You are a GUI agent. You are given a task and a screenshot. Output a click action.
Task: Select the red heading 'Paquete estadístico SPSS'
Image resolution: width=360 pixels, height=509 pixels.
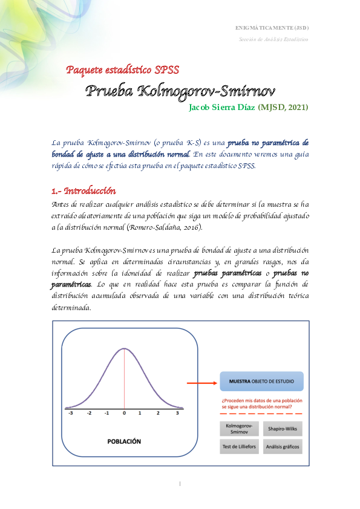point(122,70)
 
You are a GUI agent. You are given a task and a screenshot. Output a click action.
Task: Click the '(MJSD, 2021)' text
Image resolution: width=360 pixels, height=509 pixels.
point(283,108)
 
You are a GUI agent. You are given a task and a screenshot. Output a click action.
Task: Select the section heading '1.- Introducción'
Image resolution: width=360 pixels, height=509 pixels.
point(83,191)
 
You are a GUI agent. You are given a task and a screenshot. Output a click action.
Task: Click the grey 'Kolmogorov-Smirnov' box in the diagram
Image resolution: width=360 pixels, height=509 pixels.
point(237,429)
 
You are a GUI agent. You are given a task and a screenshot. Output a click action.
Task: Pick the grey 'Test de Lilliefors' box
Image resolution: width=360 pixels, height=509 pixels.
point(237,447)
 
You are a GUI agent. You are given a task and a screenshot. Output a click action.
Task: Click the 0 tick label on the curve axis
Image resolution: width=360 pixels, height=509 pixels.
point(124,413)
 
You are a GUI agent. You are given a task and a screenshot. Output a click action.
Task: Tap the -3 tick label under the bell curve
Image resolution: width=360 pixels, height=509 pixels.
point(71,413)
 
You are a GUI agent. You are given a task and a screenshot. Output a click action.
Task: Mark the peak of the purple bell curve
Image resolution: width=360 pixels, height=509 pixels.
point(124,349)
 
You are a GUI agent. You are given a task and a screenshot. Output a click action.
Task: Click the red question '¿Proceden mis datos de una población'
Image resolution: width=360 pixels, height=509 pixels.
point(261,400)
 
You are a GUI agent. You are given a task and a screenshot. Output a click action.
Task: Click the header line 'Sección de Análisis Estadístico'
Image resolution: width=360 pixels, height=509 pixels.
point(273,39)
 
